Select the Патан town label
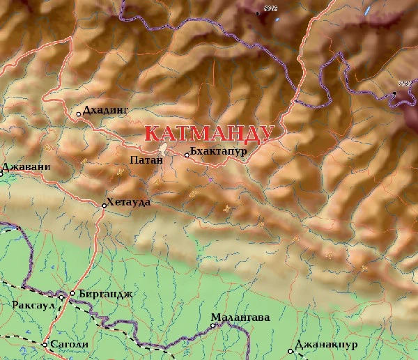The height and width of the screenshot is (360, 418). (x=146, y=160)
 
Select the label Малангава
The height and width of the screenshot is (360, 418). (x=240, y=318)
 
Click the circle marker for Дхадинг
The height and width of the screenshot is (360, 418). (x=78, y=114)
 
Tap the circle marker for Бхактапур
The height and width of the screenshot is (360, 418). (x=187, y=155)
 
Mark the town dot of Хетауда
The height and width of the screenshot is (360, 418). (x=104, y=205)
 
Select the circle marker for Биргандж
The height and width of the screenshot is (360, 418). (x=72, y=294)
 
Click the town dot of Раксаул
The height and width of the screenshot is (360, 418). (x=61, y=298)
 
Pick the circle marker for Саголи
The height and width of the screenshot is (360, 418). (x=45, y=345)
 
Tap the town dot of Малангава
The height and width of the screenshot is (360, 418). (x=213, y=325)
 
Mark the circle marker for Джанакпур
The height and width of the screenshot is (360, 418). (x=291, y=351)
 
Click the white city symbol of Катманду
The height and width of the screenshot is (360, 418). (x=162, y=149)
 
